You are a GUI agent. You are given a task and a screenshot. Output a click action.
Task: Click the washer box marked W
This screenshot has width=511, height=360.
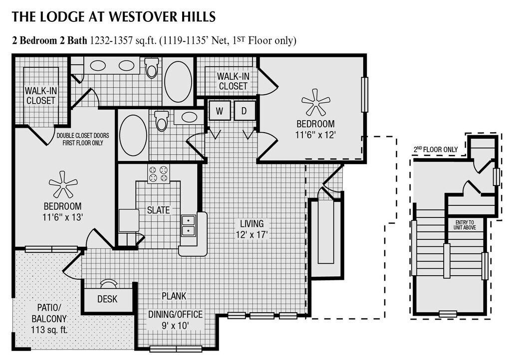coord(220,111)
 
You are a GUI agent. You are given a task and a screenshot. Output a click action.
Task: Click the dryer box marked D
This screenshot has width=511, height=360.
coord(244,111)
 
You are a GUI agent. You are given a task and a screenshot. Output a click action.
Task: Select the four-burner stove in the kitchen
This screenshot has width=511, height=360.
coord(158,174)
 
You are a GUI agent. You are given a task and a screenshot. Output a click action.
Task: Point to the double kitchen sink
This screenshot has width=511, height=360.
coord(188,225)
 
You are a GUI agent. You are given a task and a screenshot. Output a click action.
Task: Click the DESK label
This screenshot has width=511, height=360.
coord(107,299)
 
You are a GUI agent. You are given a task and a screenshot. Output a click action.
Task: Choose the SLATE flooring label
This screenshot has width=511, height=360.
coord(158,210)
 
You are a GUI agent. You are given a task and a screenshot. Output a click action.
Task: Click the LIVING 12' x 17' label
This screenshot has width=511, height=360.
coord(252,229)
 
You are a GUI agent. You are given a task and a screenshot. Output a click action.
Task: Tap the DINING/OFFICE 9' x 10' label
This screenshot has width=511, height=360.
coord(175,319)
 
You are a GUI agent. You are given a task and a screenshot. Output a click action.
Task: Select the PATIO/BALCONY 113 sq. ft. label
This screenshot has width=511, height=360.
coord(49,318)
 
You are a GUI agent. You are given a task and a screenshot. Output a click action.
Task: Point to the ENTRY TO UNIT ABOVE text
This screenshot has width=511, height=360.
coord(465,225)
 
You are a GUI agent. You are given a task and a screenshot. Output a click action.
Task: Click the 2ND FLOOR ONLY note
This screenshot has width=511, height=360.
coord(436,150)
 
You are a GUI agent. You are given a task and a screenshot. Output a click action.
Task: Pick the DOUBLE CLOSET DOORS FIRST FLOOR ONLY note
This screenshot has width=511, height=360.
coord(83,139)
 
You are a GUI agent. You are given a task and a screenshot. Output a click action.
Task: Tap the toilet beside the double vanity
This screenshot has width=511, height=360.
coord(152,68)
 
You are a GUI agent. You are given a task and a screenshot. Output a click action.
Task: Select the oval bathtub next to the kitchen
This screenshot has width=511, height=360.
coord(133,135)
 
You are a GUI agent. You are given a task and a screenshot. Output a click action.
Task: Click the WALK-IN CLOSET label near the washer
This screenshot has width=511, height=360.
coord(233,81)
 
